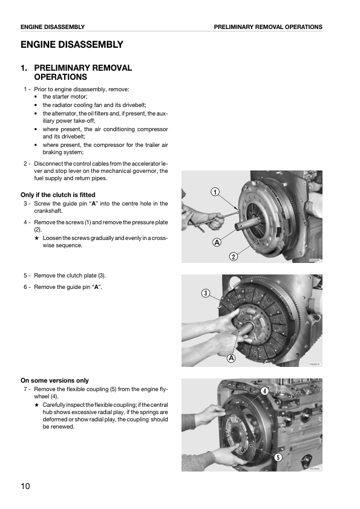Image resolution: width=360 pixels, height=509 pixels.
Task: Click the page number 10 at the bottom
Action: click(25, 486)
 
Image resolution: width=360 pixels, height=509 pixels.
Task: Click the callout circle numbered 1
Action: click(215, 192)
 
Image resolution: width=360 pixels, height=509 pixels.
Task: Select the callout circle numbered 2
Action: click(233, 256)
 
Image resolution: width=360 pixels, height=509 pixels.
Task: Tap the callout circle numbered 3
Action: click(206, 293)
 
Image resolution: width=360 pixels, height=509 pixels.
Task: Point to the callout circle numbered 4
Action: click(265, 391)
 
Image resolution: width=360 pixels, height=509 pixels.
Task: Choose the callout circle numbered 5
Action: click(278, 457)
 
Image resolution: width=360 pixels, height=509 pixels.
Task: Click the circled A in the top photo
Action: click(216, 242)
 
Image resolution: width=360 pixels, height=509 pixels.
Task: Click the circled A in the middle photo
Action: click(231, 358)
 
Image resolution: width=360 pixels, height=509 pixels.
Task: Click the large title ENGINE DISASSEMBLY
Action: click(72, 45)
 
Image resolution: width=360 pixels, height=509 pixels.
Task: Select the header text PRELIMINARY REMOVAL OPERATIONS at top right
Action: click(268, 27)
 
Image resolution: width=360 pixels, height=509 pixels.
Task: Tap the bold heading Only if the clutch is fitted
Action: click(58, 195)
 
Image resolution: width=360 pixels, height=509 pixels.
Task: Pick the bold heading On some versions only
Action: click(54, 380)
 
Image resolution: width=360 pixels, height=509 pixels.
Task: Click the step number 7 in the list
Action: click(25, 389)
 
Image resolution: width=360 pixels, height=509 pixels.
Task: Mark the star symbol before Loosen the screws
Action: click(37, 238)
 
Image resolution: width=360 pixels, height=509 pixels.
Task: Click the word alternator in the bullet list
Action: click(64, 113)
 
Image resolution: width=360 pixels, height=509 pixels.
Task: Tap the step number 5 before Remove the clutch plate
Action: click(25, 276)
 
